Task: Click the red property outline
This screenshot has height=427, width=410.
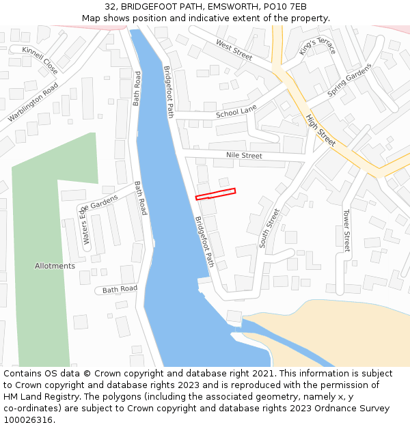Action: (215, 194)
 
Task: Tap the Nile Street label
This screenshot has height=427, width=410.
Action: (244, 156)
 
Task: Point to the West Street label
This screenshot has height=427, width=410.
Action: (234, 49)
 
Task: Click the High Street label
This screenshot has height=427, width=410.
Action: (320, 130)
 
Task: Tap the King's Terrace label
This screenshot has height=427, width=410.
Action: (318, 47)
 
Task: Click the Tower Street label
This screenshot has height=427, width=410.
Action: (346, 230)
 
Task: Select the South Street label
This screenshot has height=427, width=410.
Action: (269, 228)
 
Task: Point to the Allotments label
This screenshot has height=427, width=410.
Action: (55, 266)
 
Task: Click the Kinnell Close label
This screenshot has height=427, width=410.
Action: (40, 59)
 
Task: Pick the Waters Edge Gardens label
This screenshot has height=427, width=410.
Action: (99, 218)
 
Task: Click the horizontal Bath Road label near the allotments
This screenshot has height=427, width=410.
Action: (120, 289)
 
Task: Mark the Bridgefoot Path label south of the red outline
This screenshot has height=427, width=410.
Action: (204, 241)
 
